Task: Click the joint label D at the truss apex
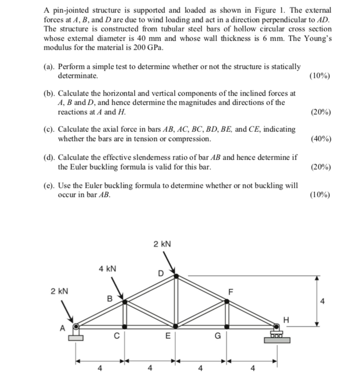click(160, 273)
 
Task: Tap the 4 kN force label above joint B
click(107, 269)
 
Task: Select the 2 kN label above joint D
click(162, 244)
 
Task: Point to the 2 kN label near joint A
click(60, 291)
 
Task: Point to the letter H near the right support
click(286, 318)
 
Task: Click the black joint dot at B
click(125, 302)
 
